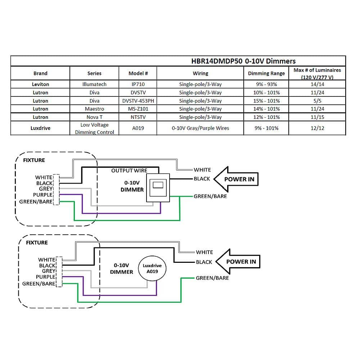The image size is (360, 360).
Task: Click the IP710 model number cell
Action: [x=138, y=84]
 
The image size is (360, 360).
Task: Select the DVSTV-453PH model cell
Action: [x=138, y=101]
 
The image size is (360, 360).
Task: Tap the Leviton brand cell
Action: [x=40, y=84]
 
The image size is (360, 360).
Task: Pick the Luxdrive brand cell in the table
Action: [x=40, y=128]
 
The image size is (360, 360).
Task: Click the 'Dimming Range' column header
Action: [x=266, y=73]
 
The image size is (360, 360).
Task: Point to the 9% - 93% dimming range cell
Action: [x=266, y=84]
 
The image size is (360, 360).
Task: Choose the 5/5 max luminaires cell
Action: [x=317, y=101]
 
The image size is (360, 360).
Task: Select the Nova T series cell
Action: [x=94, y=117]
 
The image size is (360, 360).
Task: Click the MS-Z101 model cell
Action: [x=138, y=109]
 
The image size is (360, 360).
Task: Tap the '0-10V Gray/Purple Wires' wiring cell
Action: [x=200, y=128]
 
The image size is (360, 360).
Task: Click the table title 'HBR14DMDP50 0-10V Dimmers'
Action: [x=243, y=61]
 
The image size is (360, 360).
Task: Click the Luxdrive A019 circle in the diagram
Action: [x=152, y=268]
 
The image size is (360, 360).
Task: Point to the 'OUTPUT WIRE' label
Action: [x=129, y=170]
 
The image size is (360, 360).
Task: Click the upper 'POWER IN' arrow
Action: [x=236, y=179]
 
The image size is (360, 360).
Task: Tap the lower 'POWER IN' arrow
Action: [x=238, y=261]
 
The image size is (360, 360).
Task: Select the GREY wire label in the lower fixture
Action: [x=49, y=271]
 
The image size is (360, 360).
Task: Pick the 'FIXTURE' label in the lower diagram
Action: [x=37, y=243]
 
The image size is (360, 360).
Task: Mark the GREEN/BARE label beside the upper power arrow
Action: [x=210, y=196]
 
